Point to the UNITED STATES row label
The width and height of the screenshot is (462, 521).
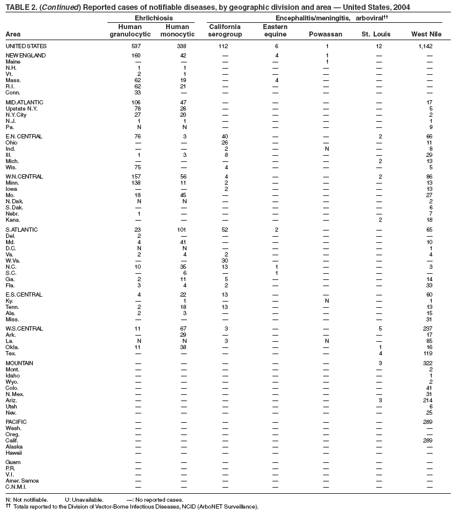click(26, 46)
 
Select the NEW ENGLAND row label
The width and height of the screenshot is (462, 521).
click(25, 56)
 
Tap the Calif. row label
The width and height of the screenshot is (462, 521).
click(12, 440)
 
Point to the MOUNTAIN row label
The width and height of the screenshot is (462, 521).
click(19, 363)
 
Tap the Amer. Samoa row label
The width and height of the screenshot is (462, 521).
click(21, 480)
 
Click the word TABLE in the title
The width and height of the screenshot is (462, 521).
click(17, 7)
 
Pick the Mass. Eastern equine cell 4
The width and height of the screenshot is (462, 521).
click(277, 80)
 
